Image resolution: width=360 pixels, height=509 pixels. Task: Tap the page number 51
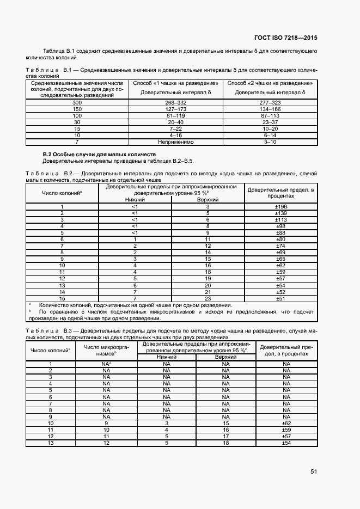314,471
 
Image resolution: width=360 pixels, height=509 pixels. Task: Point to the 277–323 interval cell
270,102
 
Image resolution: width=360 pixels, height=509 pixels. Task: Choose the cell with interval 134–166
270,109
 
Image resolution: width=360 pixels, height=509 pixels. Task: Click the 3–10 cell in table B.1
270,142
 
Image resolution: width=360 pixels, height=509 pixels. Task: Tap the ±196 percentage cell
280,207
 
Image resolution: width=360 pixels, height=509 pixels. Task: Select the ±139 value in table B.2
280,213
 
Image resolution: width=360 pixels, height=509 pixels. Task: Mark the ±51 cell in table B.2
280,298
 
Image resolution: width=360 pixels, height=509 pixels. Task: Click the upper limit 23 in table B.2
208,298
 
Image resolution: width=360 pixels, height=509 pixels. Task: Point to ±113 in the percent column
280,220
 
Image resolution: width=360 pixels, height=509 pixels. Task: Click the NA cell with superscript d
106,364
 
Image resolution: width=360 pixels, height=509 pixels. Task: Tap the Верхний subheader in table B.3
225,357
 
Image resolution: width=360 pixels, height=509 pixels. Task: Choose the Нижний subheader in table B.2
135,200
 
